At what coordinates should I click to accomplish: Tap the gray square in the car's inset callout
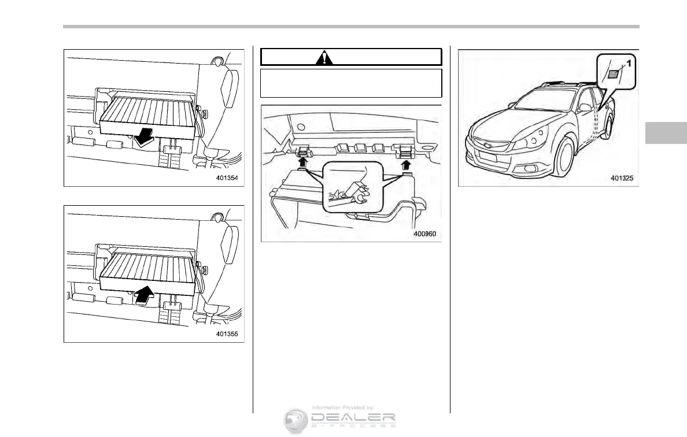613,74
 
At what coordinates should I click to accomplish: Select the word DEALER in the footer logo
353,417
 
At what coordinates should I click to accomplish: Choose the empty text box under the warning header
351,83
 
